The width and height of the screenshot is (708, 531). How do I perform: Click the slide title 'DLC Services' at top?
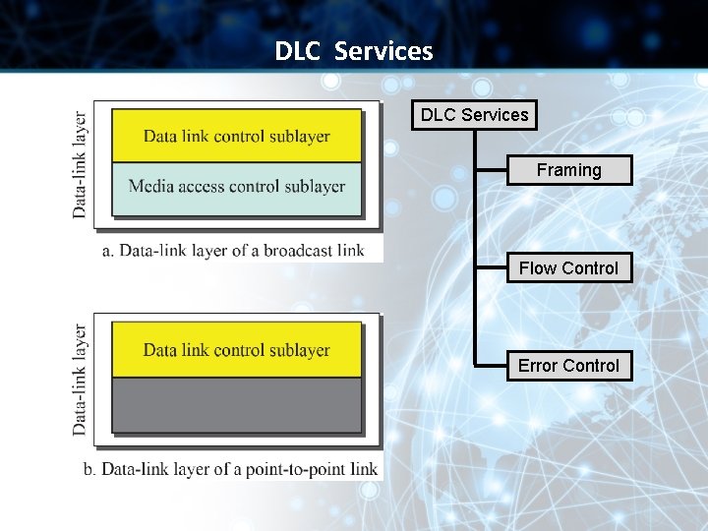(x=354, y=51)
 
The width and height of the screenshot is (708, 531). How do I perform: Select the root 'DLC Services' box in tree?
(x=474, y=115)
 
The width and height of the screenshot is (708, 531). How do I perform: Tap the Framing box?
(x=568, y=170)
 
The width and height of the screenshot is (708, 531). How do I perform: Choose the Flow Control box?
(x=568, y=267)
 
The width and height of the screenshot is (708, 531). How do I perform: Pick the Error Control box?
(x=568, y=366)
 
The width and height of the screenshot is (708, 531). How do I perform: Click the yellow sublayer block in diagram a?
(x=236, y=136)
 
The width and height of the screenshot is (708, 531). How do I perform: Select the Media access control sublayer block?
(x=236, y=187)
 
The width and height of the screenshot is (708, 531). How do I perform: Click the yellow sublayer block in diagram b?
(x=236, y=350)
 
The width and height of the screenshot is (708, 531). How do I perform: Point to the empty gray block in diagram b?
(x=236, y=404)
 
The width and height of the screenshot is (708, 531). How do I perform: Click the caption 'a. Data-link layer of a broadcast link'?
(x=233, y=251)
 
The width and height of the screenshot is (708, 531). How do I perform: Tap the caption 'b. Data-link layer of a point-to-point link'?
(x=230, y=469)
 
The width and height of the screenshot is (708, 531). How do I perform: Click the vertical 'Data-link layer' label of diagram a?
(x=80, y=163)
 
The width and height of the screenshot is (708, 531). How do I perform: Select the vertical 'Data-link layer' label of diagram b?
(x=80, y=380)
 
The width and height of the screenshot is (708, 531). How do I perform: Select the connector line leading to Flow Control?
(x=490, y=268)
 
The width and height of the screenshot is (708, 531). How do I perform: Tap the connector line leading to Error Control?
(x=490, y=366)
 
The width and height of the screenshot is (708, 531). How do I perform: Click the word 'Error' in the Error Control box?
(x=538, y=366)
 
